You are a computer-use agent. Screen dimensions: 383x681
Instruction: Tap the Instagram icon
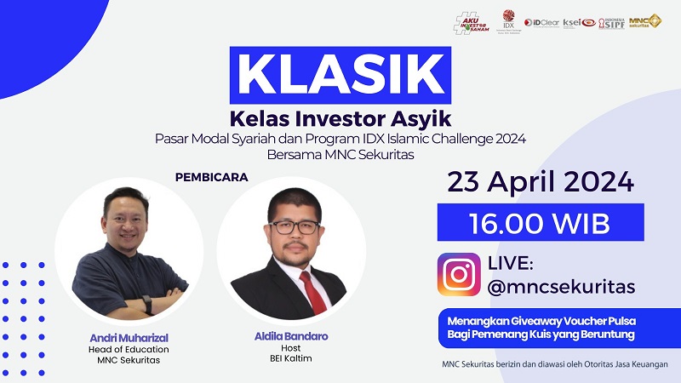pyautogui.click(x=459, y=274)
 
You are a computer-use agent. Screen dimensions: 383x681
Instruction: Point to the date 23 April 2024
pyautogui.click(x=541, y=182)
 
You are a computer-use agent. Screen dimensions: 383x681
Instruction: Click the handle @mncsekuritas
pyautogui.click(x=561, y=287)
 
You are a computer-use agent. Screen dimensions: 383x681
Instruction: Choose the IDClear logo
pyautogui.click(x=541, y=22)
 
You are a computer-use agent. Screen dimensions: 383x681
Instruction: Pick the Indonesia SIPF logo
pyautogui.click(x=610, y=22)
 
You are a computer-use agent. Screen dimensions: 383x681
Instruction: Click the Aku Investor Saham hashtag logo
pyautogui.click(x=472, y=23)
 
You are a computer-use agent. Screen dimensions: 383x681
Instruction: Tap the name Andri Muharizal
pyautogui.click(x=129, y=336)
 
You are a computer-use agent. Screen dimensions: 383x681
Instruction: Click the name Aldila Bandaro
pyautogui.click(x=290, y=337)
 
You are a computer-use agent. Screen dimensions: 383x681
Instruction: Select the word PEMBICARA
pyautogui.click(x=211, y=178)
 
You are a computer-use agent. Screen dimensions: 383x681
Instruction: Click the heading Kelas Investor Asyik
pyautogui.click(x=340, y=118)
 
